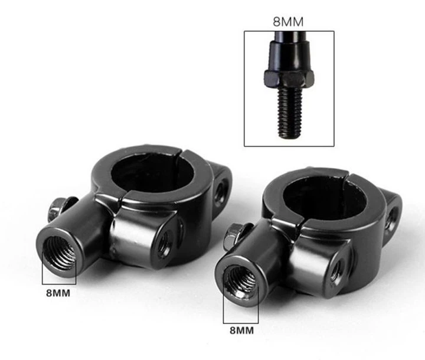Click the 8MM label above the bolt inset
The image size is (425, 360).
tap(288, 22)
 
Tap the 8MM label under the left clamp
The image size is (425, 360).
tap(58, 293)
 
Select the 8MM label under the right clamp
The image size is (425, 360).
tap(242, 330)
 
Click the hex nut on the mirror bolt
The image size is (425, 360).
tap(289, 79)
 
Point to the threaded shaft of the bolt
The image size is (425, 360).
tap(290, 113)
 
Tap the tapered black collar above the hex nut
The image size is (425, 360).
tap(289, 56)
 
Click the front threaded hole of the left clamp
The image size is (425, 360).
tap(59, 253)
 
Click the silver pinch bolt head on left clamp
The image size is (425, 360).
tap(57, 208)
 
